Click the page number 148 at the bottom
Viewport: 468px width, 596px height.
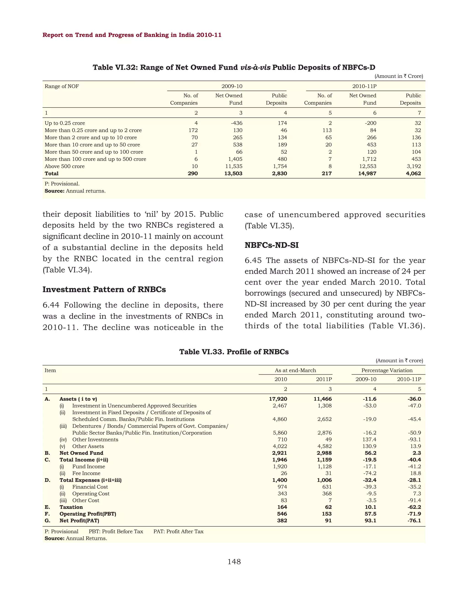[234, 562]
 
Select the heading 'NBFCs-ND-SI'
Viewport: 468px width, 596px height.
[271, 245]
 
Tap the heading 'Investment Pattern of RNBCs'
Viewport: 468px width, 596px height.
[104, 290]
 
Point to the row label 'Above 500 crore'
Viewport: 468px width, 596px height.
[65, 166]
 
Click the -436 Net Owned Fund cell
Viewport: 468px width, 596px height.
[237, 123]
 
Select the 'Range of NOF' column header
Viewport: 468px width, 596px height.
[62, 86]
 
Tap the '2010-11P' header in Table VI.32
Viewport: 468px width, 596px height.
[364, 86]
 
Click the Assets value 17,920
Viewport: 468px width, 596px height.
[278, 399]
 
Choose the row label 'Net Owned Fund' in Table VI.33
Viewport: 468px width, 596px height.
[81, 453]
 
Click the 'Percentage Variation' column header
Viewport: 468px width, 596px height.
[387, 370]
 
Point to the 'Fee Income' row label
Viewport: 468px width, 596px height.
[86, 473]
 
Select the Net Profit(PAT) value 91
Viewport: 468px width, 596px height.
[328, 521]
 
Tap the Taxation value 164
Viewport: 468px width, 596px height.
[282, 507]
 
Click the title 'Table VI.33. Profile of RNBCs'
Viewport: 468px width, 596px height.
[234, 352]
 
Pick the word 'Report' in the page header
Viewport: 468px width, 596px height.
[53, 35]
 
